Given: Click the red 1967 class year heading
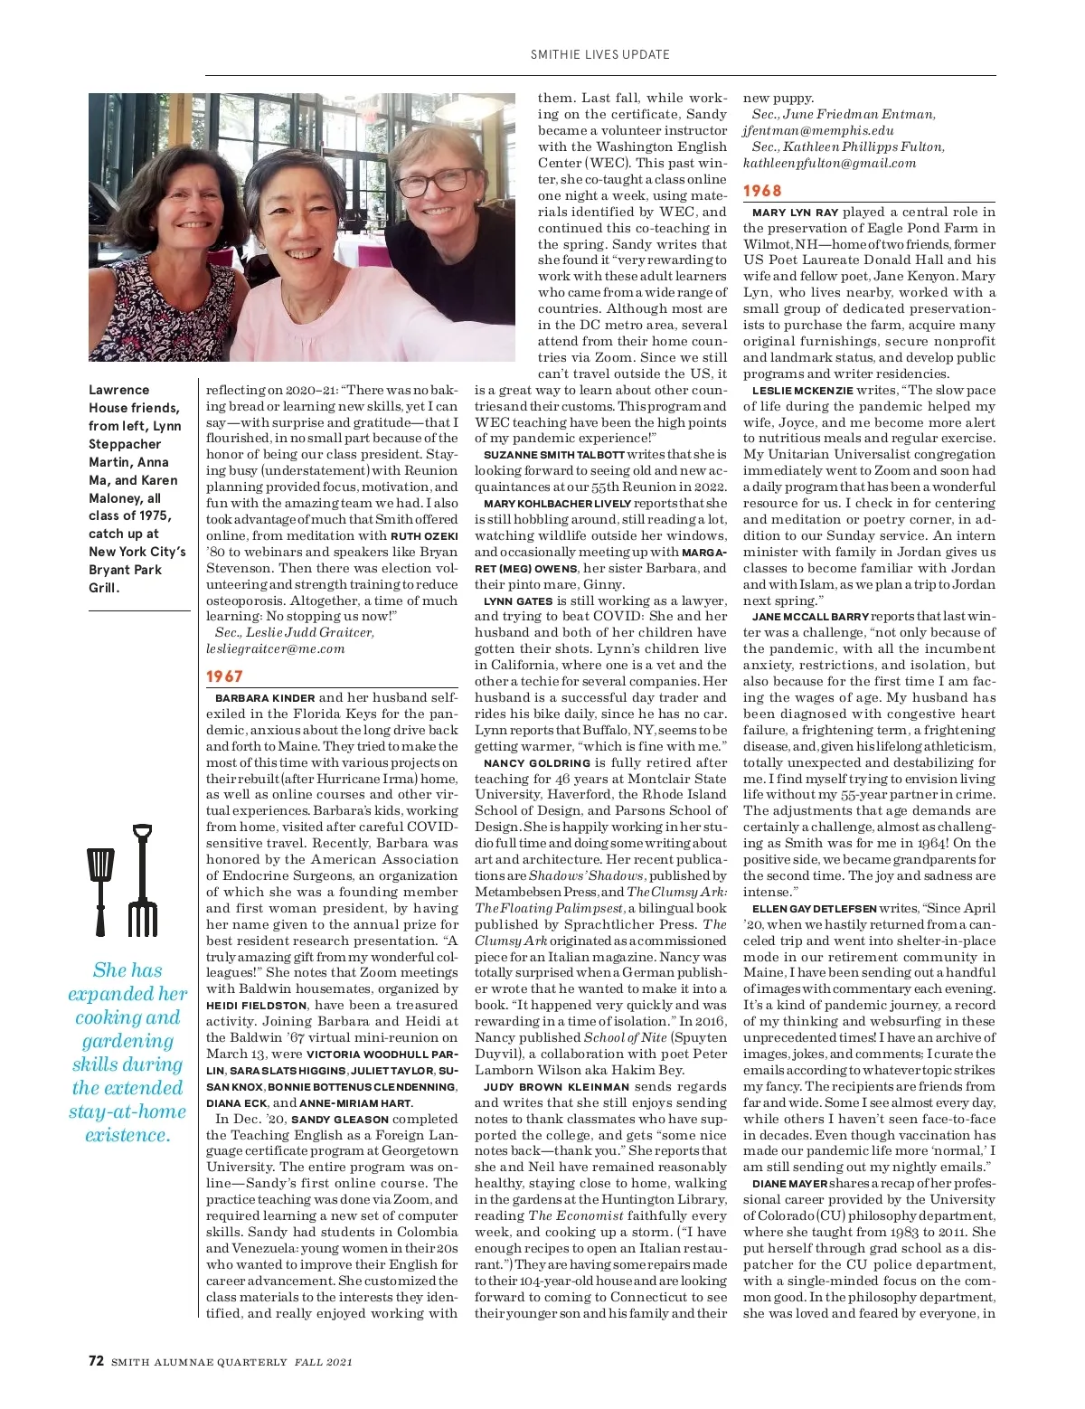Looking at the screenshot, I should coord(224,676).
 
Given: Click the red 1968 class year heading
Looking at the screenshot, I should coord(762,191).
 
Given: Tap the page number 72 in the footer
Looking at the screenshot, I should coord(97,1361).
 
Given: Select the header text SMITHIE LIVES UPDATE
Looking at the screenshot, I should coord(600,54).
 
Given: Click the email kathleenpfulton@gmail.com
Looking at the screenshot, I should coord(829,164).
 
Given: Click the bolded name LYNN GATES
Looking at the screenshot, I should coord(518,601).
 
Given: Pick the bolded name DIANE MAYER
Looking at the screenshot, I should coord(789,1184).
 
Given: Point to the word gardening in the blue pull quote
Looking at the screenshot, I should coord(127,1041).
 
